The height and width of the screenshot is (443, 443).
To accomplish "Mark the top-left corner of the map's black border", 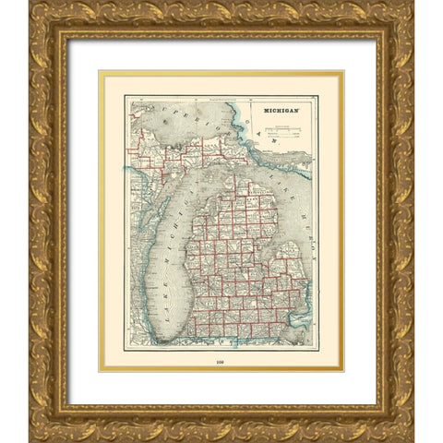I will pyautogui.click(x=126, y=96).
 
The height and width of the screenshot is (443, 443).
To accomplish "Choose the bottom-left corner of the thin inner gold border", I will pyautogui.click(x=101, y=369).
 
